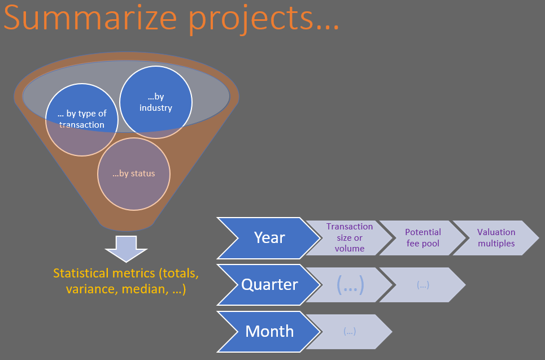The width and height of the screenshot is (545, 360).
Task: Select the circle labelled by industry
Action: [156, 102]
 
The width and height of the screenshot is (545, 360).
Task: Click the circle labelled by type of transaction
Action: [82, 119]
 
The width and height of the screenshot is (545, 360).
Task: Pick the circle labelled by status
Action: [134, 174]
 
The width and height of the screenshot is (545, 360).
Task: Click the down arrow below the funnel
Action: [126, 249]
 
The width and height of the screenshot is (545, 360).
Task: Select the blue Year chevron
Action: [268, 238]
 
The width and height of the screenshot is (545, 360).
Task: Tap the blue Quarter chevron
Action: [268, 285]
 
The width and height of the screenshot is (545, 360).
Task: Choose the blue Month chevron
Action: [268, 332]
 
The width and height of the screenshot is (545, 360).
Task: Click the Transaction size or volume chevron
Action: [350, 238]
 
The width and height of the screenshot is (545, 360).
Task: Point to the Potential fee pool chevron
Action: [422, 238]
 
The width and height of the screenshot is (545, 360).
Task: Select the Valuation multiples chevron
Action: [496, 238]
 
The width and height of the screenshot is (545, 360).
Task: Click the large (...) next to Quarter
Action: [350, 285]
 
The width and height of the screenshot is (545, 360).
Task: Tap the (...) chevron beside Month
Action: [350, 332]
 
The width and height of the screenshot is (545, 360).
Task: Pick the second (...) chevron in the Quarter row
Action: [422, 285]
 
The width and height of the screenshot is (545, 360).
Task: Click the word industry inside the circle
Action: [156, 108]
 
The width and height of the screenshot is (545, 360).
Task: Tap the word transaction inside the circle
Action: [82, 124]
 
